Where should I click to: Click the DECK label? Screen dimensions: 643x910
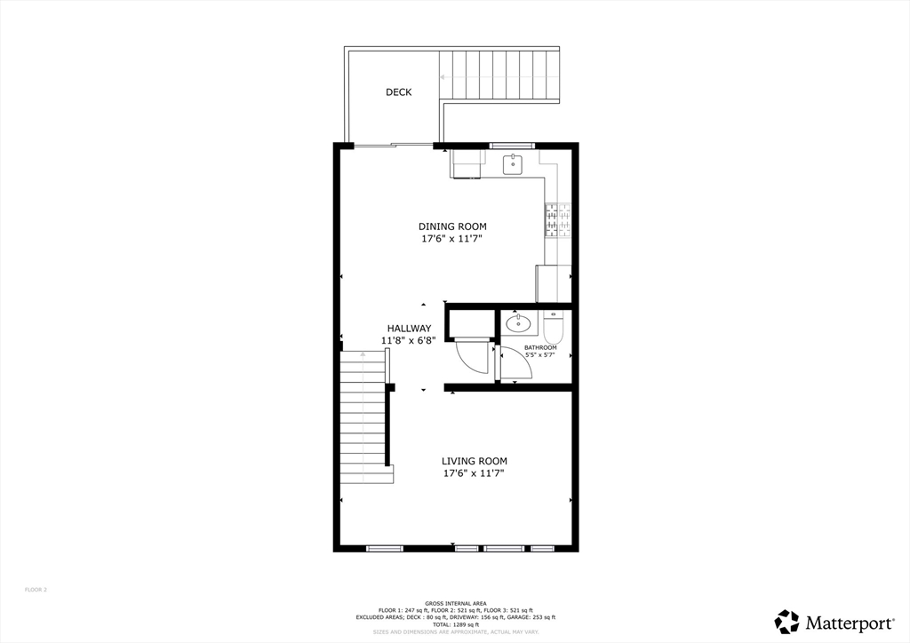pyautogui.click(x=398, y=92)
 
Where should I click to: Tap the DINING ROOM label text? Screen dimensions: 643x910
pyautogui.click(x=452, y=226)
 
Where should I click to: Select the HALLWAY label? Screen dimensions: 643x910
pyautogui.click(x=409, y=329)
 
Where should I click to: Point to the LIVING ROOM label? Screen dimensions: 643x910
pyautogui.click(x=475, y=461)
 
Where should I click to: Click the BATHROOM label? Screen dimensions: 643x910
pyautogui.click(x=540, y=347)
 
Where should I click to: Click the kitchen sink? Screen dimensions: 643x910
pyautogui.click(x=513, y=164)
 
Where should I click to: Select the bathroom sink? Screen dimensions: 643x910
pyautogui.click(x=518, y=324)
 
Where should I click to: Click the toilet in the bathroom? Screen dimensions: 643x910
pyautogui.click(x=552, y=329)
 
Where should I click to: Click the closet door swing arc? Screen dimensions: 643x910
pyautogui.click(x=473, y=359)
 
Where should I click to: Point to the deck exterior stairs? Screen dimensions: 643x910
pyautogui.click(x=499, y=76)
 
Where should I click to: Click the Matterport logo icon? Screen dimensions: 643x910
pyautogui.click(x=786, y=622)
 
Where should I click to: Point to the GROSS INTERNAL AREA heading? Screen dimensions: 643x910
pyautogui.click(x=455, y=603)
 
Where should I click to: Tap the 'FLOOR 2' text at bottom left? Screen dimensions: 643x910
pyautogui.click(x=36, y=590)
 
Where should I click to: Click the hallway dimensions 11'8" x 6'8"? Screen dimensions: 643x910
pyautogui.click(x=409, y=341)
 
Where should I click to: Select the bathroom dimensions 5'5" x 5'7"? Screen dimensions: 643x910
pyautogui.click(x=539, y=355)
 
